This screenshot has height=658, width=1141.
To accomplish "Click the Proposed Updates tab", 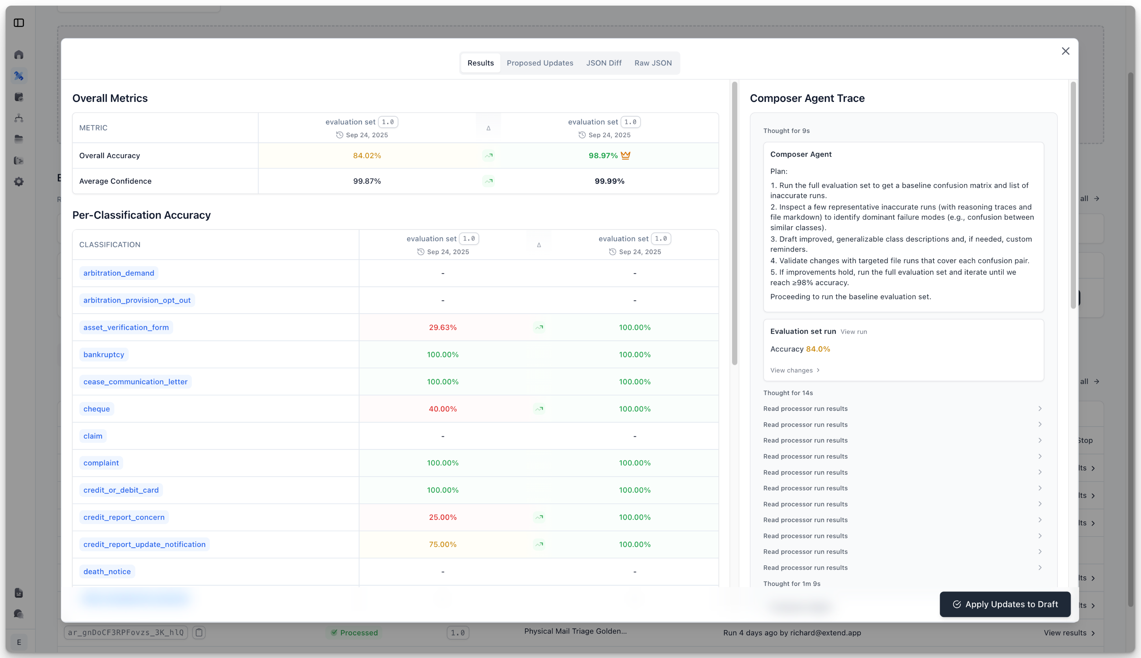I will point(539,63).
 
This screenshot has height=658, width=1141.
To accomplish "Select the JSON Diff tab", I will point(604,63).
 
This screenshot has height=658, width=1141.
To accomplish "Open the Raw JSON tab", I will point(653,63).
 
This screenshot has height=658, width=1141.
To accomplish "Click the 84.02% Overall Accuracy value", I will point(367,155).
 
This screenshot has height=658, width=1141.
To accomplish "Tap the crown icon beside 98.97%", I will point(625,155).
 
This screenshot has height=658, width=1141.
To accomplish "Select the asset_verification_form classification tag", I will point(126,327).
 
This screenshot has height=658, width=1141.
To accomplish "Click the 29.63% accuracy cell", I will point(442,327).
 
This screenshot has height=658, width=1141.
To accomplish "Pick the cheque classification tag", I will point(97,409).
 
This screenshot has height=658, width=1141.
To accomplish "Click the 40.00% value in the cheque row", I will point(442,409).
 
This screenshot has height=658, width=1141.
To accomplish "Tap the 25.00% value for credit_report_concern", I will point(442,517).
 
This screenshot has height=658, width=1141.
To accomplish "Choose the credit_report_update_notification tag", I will point(144,544).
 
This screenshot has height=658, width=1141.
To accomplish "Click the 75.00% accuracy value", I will point(442,544).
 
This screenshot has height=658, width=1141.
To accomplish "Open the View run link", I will point(853,332).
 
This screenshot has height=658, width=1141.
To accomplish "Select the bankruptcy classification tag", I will point(103,354).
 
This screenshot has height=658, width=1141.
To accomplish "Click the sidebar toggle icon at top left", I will point(19,23).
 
